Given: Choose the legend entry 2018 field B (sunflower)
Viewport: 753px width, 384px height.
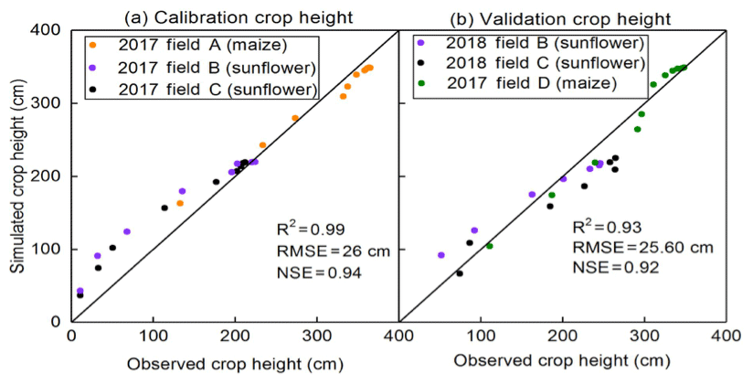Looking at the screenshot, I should coord(536,43).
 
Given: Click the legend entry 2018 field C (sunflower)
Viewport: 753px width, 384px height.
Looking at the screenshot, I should coord(536,63).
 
